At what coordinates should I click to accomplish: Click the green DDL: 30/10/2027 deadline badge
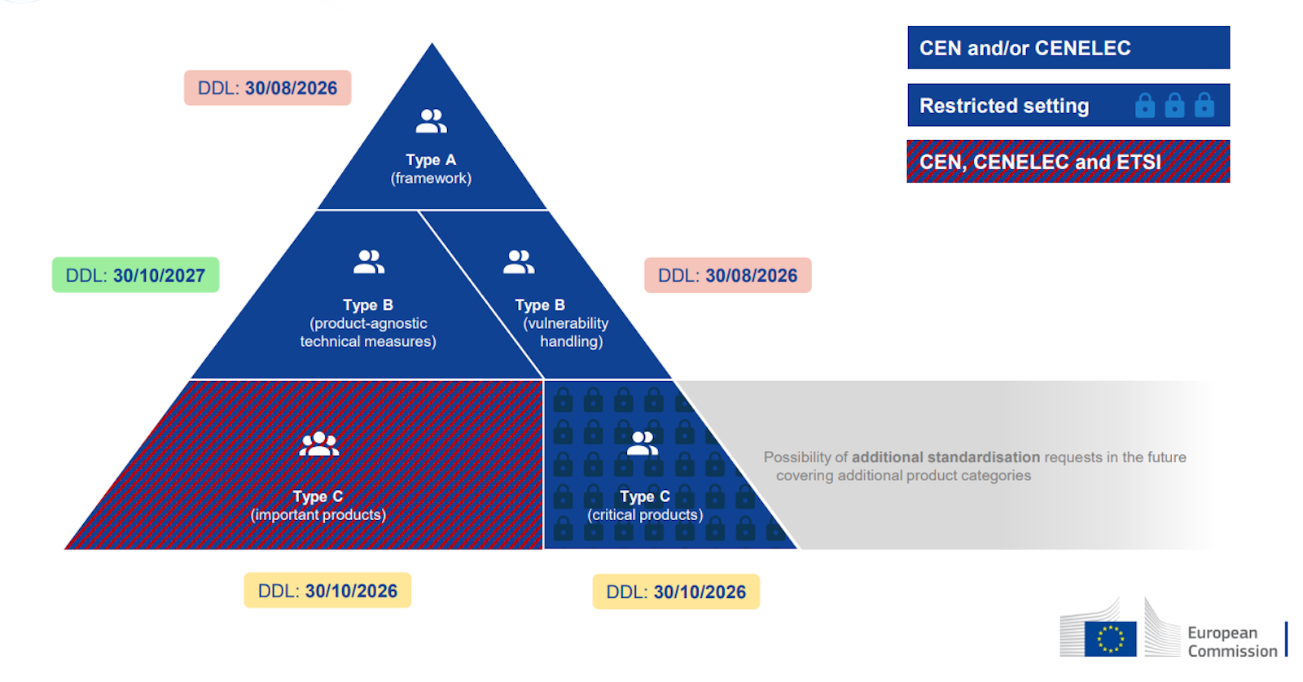[135, 275]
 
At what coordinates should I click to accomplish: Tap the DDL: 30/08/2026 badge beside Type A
[267, 88]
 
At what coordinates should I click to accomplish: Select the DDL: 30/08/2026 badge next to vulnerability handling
[727, 275]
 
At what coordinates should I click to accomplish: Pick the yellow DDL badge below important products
[327, 591]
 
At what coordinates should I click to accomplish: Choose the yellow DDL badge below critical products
[676, 592]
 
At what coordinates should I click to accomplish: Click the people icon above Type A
[431, 121]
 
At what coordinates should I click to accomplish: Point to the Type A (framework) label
[431, 169]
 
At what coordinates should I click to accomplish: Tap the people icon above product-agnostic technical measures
[369, 261]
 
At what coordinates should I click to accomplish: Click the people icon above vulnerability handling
[519, 262]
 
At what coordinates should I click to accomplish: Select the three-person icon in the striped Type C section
[318, 444]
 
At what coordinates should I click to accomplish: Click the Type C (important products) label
[318, 505]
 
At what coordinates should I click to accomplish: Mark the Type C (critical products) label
[645, 505]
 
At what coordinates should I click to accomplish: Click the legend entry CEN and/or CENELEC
[1068, 48]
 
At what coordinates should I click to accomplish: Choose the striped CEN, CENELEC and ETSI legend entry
[1068, 162]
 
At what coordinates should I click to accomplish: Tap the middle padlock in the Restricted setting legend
[1174, 105]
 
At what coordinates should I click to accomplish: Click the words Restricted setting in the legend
[1004, 106]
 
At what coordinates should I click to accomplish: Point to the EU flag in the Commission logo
[1110, 639]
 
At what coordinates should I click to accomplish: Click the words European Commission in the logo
[1231, 641]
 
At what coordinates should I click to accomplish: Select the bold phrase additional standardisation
[945, 457]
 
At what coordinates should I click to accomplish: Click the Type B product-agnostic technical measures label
[368, 323]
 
